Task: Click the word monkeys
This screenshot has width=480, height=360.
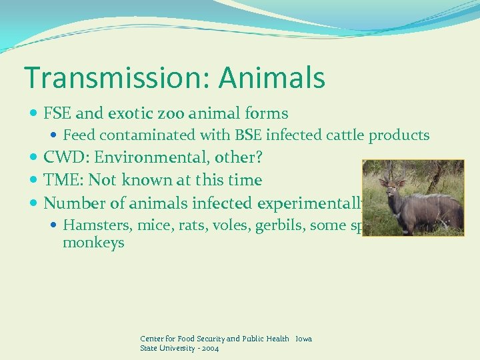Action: point(93,243)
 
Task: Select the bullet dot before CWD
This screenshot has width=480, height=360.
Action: point(35,158)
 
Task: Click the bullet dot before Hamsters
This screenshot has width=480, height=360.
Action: point(55,226)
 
